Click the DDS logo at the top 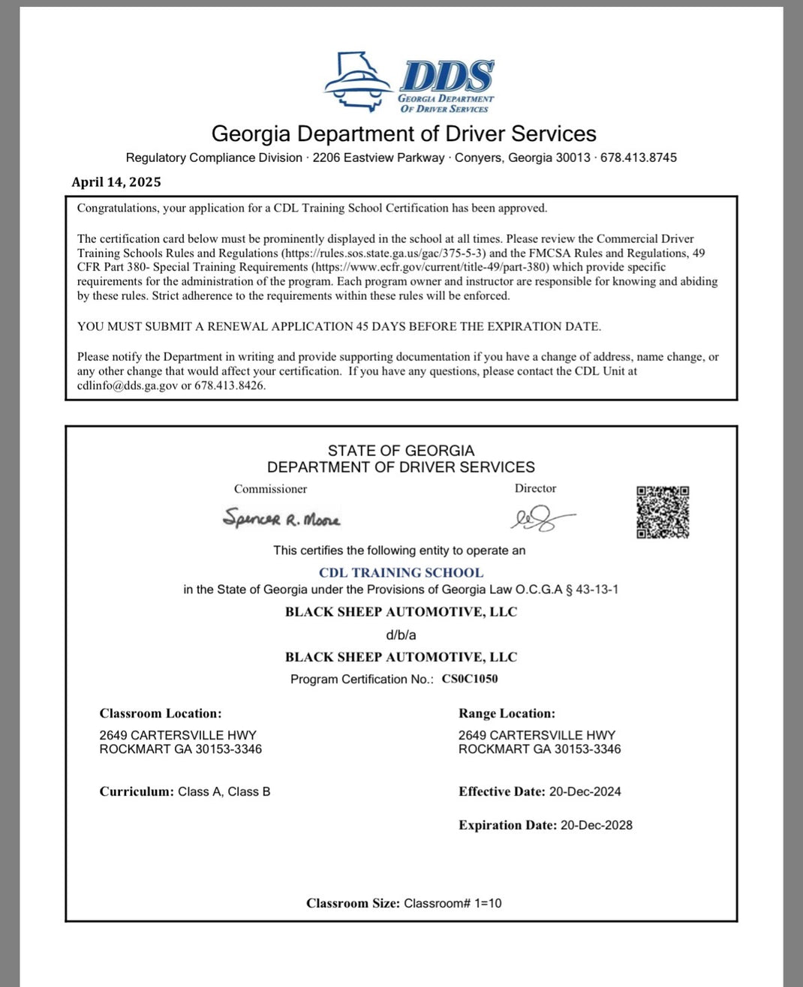click(410, 82)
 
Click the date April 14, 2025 click(116, 182)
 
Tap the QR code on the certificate click(663, 512)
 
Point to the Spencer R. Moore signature click(281, 518)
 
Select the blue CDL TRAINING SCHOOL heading click(401, 572)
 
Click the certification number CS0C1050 click(470, 679)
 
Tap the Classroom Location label click(161, 713)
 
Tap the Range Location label click(507, 713)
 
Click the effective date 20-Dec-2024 click(585, 791)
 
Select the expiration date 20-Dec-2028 click(597, 825)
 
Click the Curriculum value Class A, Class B click(224, 791)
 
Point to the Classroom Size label click(353, 903)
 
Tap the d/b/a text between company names click(401, 634)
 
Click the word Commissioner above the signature click(270, 489)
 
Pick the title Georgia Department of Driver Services click(404, 133)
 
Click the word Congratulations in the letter click(118, 208)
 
